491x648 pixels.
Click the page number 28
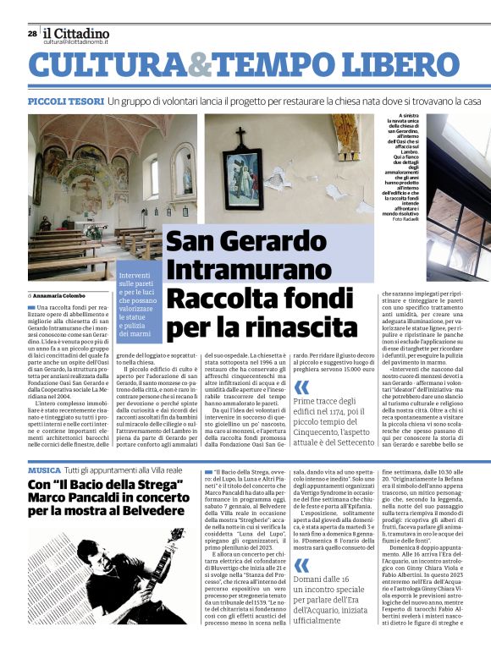[32, 33]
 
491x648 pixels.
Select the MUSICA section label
[44, 470]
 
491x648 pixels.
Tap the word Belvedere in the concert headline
[154, 513]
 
